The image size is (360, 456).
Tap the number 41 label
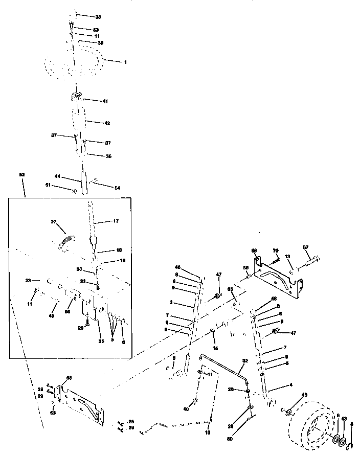(105, 102)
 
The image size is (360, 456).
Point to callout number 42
(107, 123)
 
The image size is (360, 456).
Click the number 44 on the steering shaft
(58, 176)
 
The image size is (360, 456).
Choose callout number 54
(117, 189)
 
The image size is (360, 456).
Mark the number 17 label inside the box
(116, 221)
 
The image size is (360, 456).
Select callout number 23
(29, 280)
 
